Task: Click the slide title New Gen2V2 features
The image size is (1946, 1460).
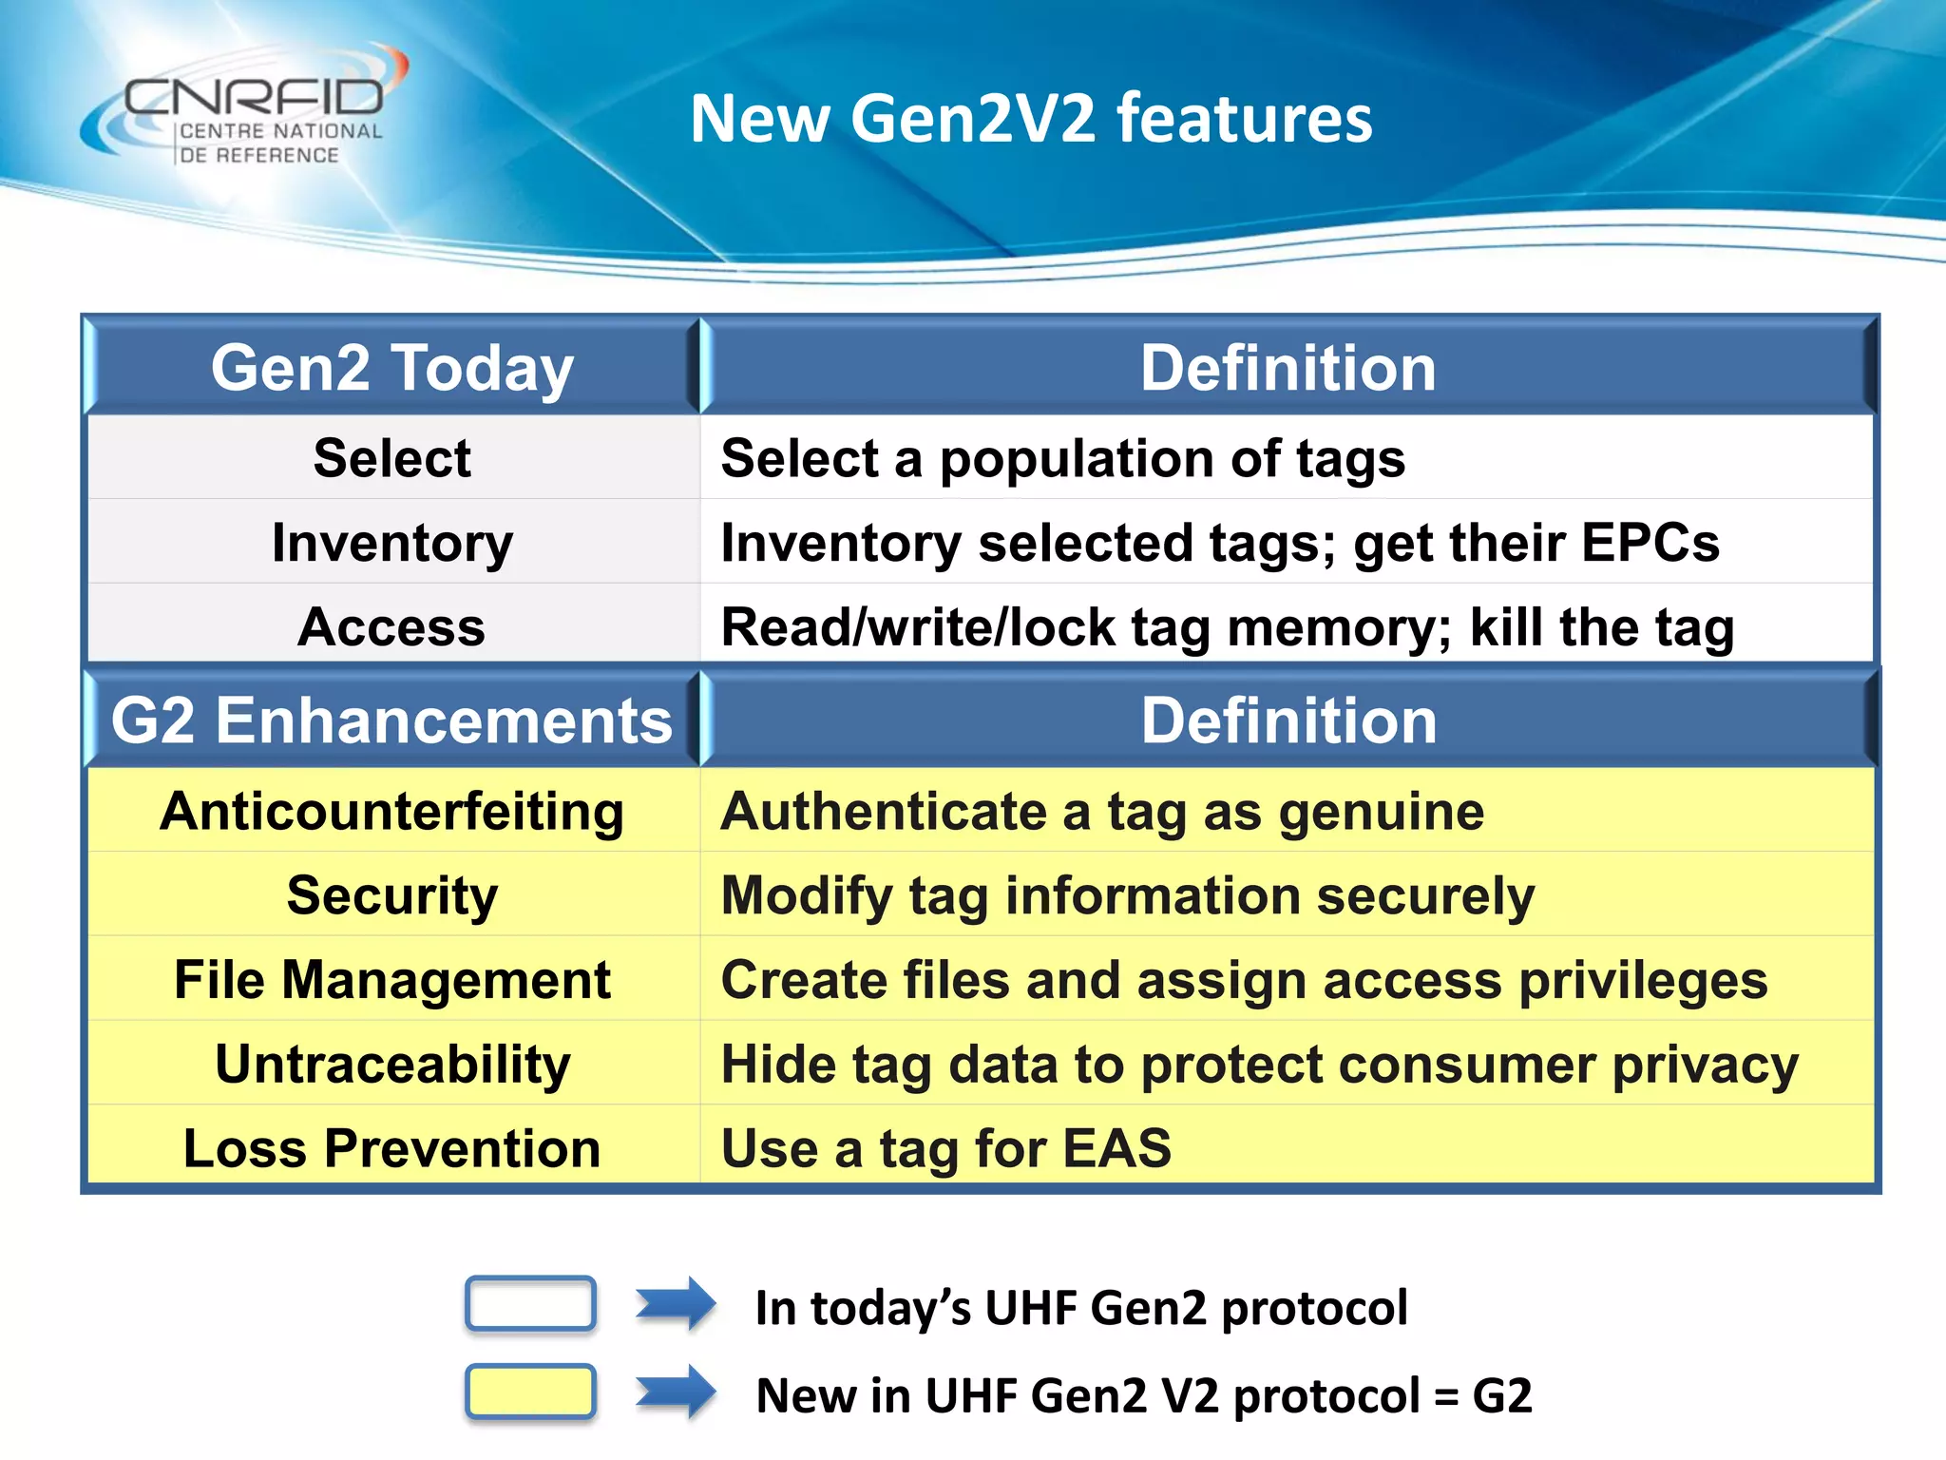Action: [1031, 119]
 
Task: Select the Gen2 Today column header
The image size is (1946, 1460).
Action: [392, 368]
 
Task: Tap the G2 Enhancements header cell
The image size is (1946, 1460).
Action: [392, 720]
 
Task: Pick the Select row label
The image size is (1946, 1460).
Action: [392, 458]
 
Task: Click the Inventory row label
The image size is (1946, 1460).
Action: [392, 543]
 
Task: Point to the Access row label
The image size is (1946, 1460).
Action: [392, 627]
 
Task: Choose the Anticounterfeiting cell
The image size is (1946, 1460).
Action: [392, 812]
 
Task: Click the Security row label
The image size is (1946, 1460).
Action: [392, 895]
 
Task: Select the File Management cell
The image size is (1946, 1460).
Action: [392, 980]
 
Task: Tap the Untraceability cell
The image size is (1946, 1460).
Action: [392, 1064]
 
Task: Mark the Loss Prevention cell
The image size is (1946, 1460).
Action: [392, 1148]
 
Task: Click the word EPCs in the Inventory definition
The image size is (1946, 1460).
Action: [1650, 543]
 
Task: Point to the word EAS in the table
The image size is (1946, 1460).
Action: [1116, 1148]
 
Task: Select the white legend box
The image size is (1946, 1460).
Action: [530, 1304]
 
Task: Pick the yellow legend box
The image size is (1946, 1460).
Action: [530, 1392]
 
